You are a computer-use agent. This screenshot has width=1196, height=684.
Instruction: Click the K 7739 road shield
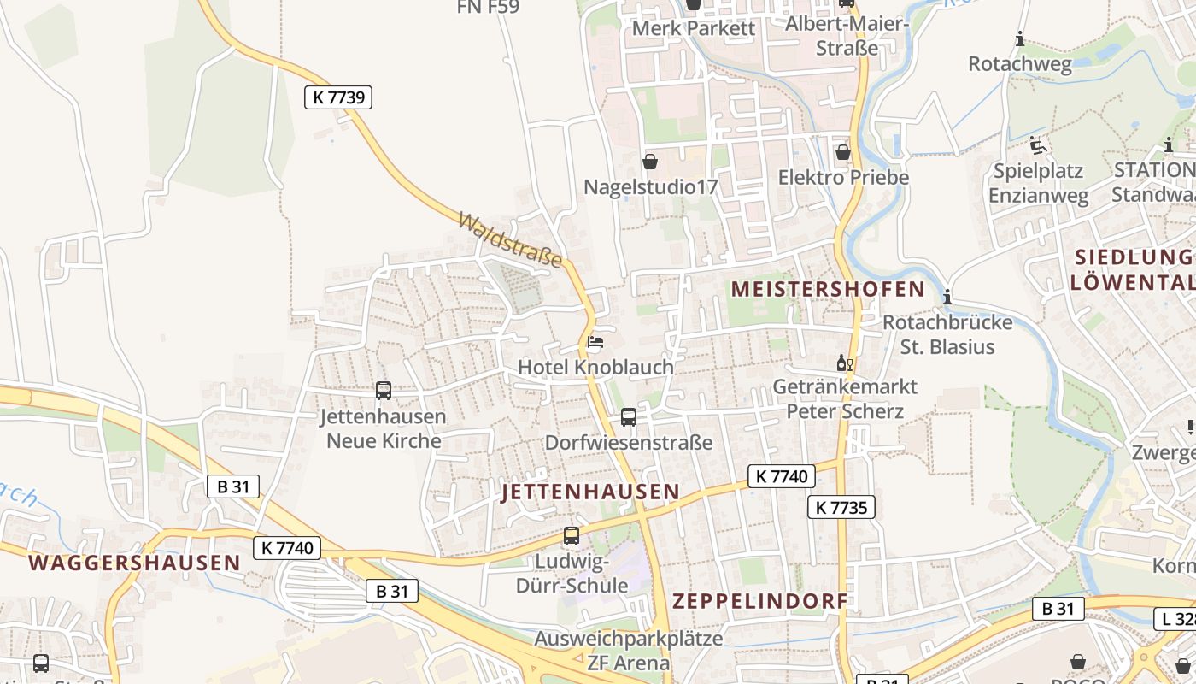coord(338,97)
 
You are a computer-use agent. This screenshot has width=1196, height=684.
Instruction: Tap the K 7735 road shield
coord(841,507)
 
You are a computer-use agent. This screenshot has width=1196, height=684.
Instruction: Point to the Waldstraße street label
coord(510,239)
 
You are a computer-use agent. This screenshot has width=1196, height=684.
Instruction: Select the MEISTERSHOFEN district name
coord(828,289)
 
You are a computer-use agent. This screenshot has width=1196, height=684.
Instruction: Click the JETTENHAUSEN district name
coord(590,492)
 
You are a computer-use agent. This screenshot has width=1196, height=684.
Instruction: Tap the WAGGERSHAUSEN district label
coord(134,563)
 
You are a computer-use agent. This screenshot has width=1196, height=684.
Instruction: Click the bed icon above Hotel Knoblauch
coord(595,343)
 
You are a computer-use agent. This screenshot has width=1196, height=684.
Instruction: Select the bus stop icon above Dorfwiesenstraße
coord(629,417)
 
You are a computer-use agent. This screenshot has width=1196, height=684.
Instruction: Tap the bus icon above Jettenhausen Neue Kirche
coord(384,391)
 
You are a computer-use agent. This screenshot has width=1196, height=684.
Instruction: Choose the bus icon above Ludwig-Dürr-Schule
coord(572,537)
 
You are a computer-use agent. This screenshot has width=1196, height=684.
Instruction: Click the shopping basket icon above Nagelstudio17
coord(650,161)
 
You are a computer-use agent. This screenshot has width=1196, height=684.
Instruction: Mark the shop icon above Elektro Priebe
coord(843,152)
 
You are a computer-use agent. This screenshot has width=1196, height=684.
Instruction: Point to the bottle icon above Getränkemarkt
coord(844,363)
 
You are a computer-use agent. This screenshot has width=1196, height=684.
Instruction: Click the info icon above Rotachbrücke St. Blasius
coord(947,298)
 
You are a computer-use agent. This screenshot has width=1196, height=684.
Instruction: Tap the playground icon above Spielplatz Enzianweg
coord(1038,144)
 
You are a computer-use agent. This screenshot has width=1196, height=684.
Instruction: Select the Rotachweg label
coord(1019,63)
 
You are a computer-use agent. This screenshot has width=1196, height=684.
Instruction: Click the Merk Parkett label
coord(694,28)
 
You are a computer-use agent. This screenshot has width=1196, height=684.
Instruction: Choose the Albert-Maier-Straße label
coord(847,35)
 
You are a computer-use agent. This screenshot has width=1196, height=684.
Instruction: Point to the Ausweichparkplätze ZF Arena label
coord(629,650)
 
